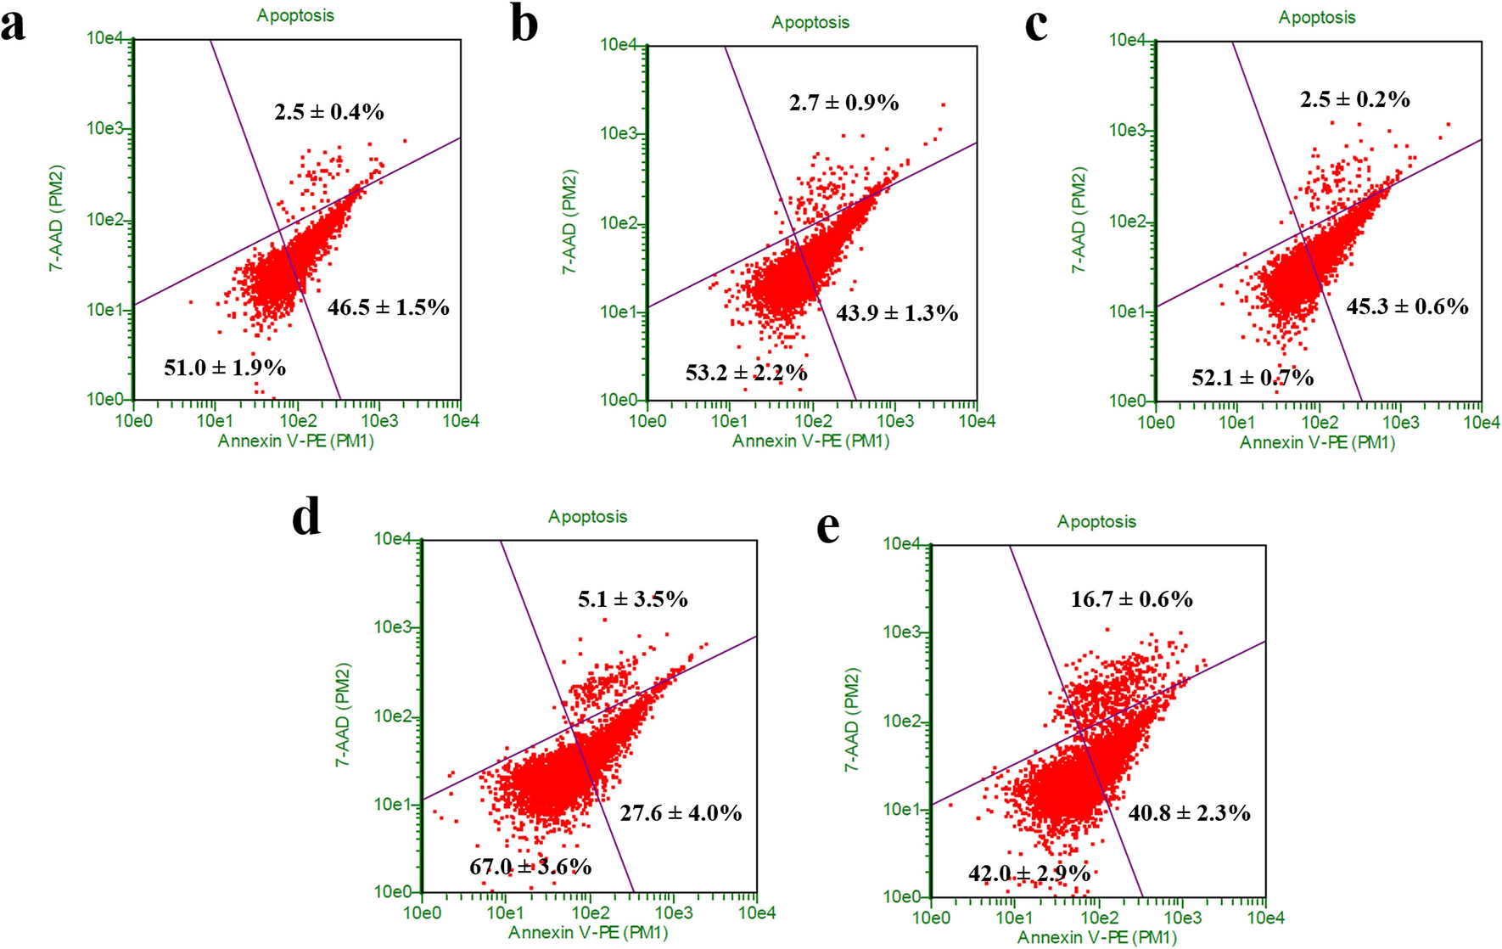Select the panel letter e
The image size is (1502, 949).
tap(827, 527)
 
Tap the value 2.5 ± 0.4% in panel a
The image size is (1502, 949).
tap(328, 111)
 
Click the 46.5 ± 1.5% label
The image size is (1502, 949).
tap(388, 307)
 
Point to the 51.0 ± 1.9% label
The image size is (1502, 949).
tap(224, 368)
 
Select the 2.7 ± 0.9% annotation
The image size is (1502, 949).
tap(843, 103)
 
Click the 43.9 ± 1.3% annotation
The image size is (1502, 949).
tap(897, 313)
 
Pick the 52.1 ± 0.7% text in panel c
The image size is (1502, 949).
tap(1253, 377)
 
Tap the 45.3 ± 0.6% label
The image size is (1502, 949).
tap(1407, 306)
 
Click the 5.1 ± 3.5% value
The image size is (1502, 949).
tap(632, 599)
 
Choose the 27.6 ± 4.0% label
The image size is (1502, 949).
tap(681, 813)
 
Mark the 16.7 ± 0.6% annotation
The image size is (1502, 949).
tap(1131, 599)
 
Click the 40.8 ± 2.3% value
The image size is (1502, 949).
tap(1189, 813)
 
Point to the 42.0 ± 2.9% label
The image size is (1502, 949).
tap(1028, 873)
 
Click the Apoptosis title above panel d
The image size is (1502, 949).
tap(587, 516)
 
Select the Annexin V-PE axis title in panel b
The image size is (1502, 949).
tap(810, 441)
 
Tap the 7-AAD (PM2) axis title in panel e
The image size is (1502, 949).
tap(852, 719)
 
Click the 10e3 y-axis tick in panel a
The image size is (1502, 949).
tap(105, 128)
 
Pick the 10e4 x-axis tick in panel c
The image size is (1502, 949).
tap(1481, 423)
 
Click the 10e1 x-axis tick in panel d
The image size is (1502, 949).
tap(504, 913)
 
